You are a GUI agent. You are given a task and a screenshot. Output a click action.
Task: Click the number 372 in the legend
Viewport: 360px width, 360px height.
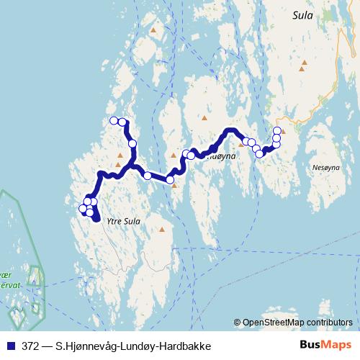31,346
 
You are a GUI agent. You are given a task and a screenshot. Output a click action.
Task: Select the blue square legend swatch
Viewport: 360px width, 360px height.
9,346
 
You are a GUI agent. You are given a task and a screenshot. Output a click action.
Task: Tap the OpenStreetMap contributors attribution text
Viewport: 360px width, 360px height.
298,322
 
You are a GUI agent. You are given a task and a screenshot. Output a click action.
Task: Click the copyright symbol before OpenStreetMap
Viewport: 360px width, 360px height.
238,322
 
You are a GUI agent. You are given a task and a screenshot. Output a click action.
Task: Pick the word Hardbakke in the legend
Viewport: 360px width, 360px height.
186,346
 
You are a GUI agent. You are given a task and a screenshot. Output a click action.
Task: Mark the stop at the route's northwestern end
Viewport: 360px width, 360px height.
113,121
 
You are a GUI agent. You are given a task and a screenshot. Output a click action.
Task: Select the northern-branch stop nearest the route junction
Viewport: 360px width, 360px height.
132,144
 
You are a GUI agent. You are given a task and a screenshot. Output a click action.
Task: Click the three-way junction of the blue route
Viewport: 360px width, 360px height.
131,166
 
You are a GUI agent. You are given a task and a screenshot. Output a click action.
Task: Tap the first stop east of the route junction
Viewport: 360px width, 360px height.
148,176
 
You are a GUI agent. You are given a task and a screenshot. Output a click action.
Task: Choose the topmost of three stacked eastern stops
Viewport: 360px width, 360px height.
277,130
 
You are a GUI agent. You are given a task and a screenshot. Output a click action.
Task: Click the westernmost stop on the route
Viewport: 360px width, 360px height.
82,209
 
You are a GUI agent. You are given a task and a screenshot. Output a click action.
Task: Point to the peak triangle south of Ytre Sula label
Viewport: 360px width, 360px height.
161,230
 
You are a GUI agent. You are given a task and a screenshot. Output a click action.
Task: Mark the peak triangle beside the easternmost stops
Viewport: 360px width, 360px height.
284,132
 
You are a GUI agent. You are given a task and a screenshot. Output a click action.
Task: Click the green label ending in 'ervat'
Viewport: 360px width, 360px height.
9,284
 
